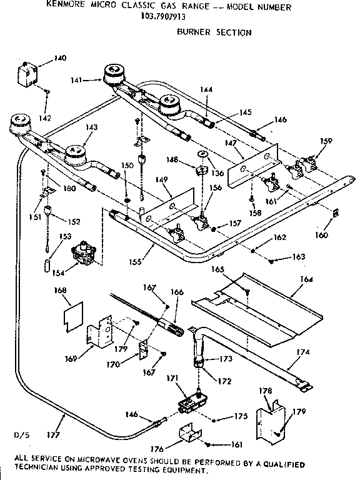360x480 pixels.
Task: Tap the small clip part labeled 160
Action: click(336, 213)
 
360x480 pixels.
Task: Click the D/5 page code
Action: click(21, 433)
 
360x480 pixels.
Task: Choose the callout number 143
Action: click(92, 127)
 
